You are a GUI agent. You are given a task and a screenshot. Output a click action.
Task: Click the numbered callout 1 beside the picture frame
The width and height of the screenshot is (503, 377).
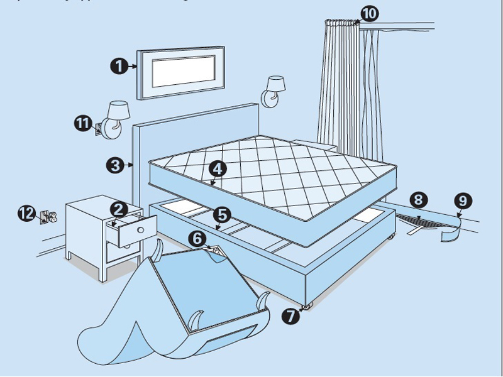(119, 66)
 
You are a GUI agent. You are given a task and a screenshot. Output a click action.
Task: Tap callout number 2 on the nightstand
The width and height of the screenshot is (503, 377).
(118, 209)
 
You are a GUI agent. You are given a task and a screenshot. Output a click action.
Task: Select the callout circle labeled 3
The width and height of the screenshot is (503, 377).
(114, 165)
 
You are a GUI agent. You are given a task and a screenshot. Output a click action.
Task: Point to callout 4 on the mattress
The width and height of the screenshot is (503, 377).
(216, 168)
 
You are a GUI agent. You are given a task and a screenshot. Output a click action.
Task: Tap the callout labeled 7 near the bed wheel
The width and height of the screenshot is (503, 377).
(290, 315)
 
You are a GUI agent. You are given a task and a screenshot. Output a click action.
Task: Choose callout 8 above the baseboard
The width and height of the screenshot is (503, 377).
(419, 200)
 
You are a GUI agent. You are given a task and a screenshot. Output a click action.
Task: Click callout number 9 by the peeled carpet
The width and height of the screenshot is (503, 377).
(463, 201)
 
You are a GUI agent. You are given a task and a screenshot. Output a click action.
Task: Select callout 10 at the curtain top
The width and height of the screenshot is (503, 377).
(370, 13)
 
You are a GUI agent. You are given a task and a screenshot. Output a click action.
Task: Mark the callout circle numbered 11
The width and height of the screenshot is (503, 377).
(82, 123)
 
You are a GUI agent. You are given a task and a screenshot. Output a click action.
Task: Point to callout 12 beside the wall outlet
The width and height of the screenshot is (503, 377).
(26, 214)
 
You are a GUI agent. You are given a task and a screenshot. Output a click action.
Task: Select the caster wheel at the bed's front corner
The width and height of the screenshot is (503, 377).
(307, 306)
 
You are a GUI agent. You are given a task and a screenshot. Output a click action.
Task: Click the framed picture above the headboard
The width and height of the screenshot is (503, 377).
(182, 72)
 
